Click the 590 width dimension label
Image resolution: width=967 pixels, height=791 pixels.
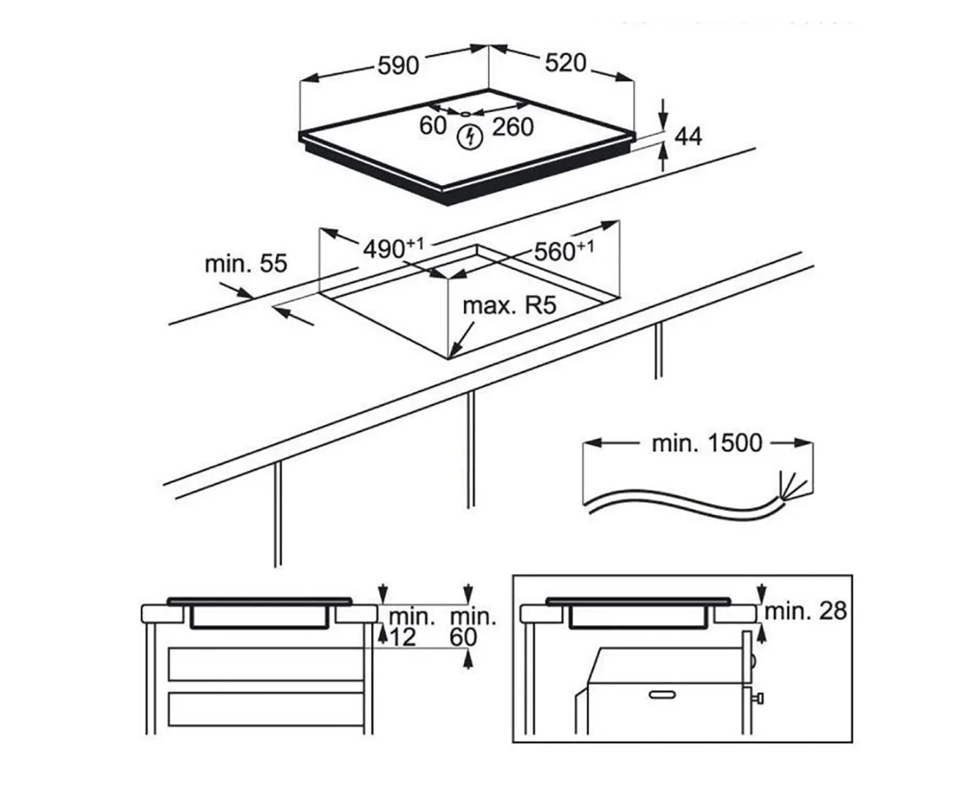(398, 66)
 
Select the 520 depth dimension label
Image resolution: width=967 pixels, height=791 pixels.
(565, 62)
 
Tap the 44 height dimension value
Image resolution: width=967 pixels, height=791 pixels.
(688, 137)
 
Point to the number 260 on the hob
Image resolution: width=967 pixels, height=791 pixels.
(512, 127)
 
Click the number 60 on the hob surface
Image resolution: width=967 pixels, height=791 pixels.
(433, 126)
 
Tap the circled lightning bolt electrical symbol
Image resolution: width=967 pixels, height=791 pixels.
(470, 137)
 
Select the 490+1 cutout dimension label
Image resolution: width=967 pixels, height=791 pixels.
(394, 248)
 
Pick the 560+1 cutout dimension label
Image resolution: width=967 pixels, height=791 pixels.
(564, 251)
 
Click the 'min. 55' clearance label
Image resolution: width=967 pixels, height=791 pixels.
(246, 264)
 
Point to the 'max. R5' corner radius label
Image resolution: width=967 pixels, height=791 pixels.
(509, 305)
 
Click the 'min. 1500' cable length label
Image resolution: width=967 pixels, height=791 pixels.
(707, 443)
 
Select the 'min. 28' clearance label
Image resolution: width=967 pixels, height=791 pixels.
(805, 611)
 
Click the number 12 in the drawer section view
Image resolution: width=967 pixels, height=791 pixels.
(402, 638)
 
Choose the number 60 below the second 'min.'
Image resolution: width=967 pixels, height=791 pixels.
(463, 638)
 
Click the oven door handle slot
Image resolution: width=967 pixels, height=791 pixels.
(663, 695)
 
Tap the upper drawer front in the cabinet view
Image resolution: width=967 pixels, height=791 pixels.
(266, 664)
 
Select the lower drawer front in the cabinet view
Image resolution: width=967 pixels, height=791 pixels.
(266, 710)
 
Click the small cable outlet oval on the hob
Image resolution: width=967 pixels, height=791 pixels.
(465, 114)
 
